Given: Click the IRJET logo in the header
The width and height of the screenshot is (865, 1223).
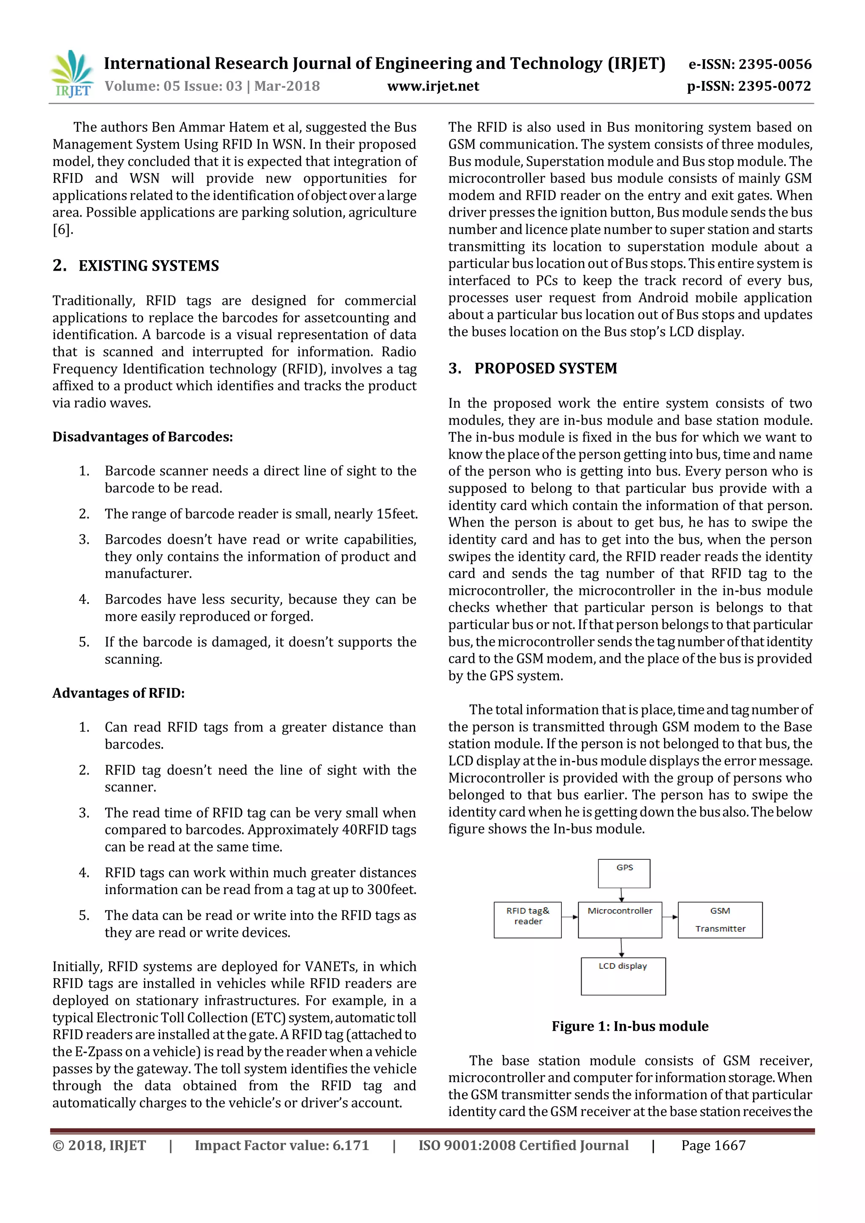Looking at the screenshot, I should tap(72, 74).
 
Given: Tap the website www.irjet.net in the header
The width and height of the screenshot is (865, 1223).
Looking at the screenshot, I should tap(432, 86).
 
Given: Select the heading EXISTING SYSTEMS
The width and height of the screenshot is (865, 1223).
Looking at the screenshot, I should tap(149, 266).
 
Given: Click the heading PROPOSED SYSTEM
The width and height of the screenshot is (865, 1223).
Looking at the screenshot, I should tap(545, 369).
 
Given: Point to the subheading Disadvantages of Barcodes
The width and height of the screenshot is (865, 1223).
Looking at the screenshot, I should tap(142, 437).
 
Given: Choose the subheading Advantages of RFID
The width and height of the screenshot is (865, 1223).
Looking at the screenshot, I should tap(118, 693).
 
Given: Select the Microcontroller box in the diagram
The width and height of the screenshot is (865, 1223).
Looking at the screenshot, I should tap(620, 920).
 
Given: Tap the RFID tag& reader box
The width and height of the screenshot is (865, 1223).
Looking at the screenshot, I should tap(527, 920).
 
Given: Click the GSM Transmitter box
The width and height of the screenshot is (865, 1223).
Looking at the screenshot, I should tap(720, 920).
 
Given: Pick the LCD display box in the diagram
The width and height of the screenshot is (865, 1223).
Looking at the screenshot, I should tap(623, 976).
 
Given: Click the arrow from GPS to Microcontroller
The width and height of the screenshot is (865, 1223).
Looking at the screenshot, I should tap(622, 895).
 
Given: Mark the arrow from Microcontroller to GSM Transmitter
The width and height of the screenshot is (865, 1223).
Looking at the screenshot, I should tap(670, 917).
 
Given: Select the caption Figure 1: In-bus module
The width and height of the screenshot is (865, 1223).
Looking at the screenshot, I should tap(630, 1027).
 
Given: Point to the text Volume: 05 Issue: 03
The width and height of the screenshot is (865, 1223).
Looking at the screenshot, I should tap(173, 86).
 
